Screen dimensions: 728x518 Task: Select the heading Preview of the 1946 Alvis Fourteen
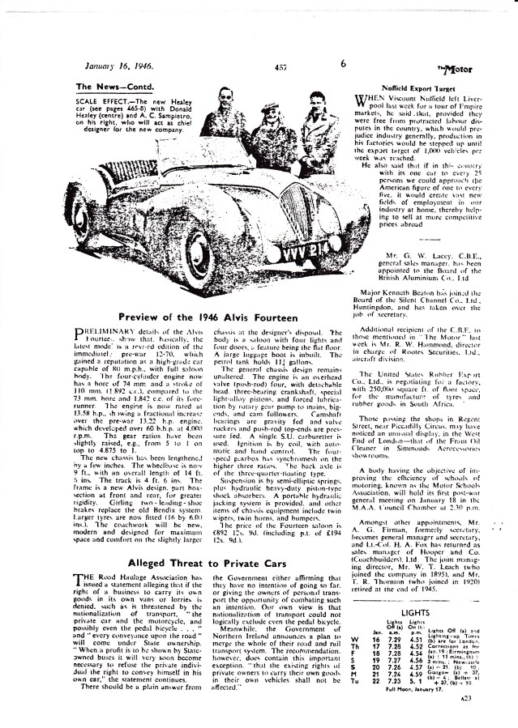coord(209,316)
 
